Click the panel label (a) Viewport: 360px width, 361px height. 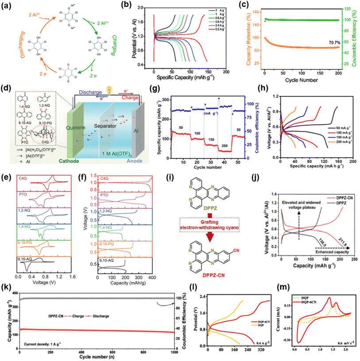6,5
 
